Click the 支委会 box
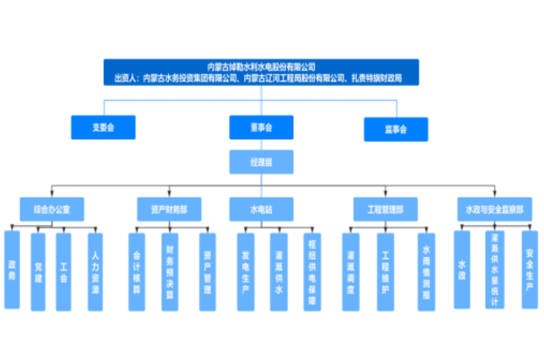pyautogui.click(x=103, y=127)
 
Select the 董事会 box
pyautogui.click(x=261, y=127)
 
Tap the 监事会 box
pyautogui.click(x=396, y=129)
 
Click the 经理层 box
pyautogui.click(x=261, y=162)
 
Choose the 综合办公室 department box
pyautogui.click(x=52, y=209)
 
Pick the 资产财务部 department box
pyautogui.click(x=169, y=209)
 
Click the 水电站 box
pyautogui.click(x=261, y=209)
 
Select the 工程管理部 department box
pyautogui.click(x=386, y=209)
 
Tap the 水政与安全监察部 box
pyautogui.click(x=494, y=209)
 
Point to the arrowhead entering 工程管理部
pyautogui.click(x=386, y=194)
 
